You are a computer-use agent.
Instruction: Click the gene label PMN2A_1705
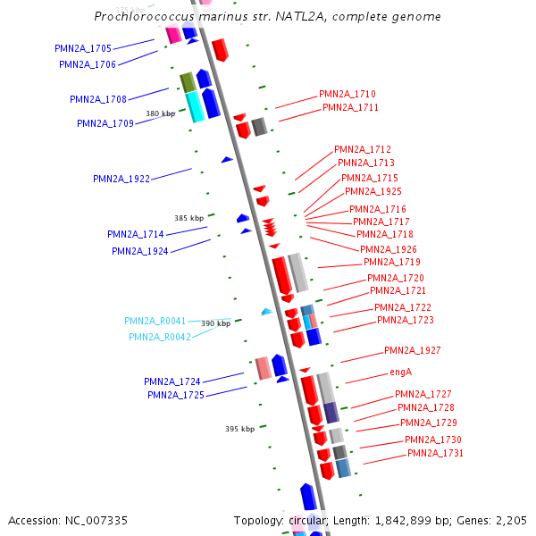coord(83,48)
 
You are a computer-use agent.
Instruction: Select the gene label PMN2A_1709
coord(105,123)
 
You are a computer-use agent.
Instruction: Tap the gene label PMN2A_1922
coord(121,179)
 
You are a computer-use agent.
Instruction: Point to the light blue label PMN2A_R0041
coord(155,321)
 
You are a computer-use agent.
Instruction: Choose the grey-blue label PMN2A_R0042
coord(160,337)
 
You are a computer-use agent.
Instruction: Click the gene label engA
coord(400,372)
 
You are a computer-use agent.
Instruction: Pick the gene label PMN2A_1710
coord(348,94)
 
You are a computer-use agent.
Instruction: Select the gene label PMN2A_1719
coord(392,262)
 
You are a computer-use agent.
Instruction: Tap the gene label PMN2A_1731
coord(436,453)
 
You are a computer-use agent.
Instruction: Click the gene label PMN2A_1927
coord(413,350)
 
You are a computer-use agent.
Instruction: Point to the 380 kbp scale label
coord(161,113)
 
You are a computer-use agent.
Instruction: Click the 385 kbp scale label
coord(188,218)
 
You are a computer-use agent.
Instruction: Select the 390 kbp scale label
coord(215,323)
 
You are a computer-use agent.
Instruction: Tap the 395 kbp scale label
coord(239,429)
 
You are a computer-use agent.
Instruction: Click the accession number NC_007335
coord(68,520)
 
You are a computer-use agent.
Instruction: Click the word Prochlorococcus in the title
coord(143,17)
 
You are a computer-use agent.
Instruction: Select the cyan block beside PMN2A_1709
coord(194,106)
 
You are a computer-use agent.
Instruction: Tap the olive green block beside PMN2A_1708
coord(188,82)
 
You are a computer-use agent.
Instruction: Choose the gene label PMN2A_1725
coord(176,395)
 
